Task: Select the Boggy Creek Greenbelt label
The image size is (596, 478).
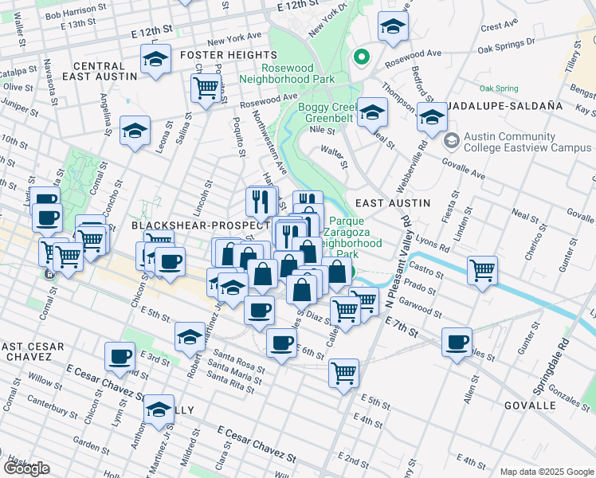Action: [329, 113]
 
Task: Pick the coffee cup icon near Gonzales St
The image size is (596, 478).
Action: [457, 343]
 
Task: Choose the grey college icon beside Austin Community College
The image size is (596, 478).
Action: [452, 141]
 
